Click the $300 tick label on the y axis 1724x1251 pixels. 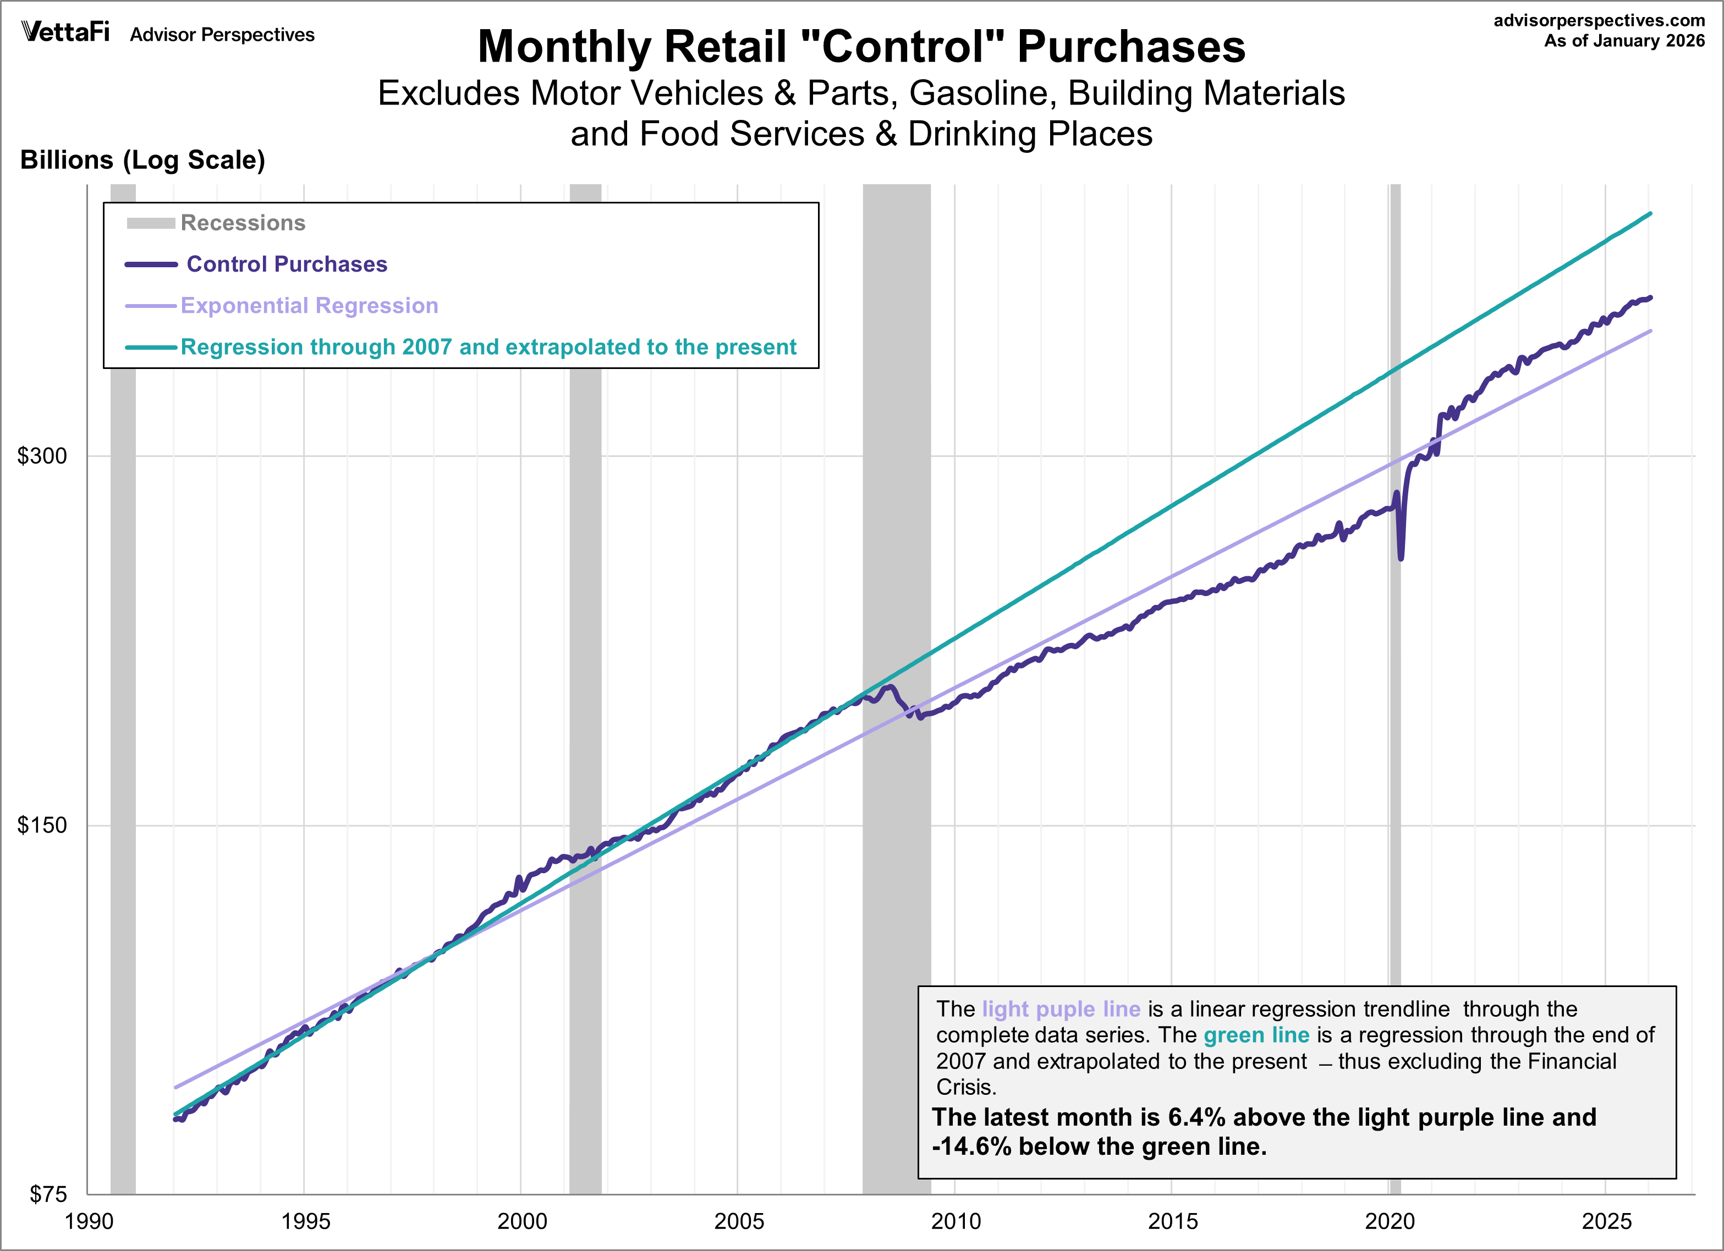[42, 456]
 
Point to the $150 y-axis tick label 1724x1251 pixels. [42, 825]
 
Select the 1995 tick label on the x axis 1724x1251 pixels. [305, 1221]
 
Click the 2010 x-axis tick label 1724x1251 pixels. [956, 1221]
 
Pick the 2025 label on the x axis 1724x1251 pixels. [1606, 1221]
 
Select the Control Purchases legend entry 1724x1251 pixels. [287, 264]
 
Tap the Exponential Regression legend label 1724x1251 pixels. [309, 306]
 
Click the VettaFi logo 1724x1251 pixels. [65, 32]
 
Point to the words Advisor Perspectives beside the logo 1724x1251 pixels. [222, 35]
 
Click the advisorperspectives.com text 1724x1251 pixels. [1599, 20]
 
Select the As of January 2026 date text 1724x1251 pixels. [1624, 41]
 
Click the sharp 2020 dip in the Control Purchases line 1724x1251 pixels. [1401, 555]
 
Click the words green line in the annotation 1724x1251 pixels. [1256, 1035]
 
